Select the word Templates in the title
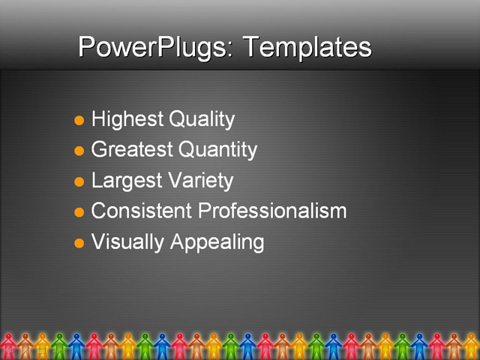pos(307,47)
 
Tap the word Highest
pos(126,119)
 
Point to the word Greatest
pos(130,150)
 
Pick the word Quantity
pos(218,150)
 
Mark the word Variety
pos(199,181)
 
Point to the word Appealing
pos(217,242)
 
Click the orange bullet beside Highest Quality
pos(79,120)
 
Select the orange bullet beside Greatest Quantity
pos(79,151)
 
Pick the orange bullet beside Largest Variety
pos(79,181)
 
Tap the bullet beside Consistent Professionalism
pos(79,212)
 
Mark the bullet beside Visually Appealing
pos(79,243)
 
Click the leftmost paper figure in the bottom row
pos(8,346)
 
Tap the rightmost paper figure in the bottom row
pos(471,346)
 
